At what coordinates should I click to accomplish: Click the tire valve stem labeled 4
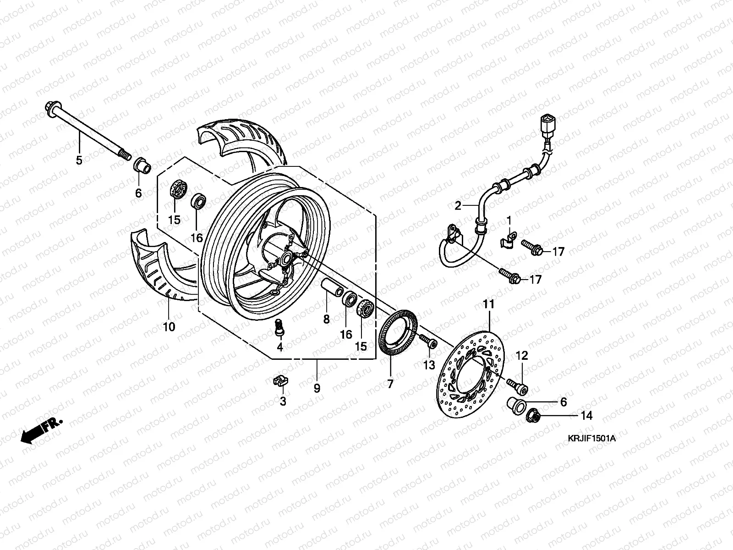[x=279, y=327]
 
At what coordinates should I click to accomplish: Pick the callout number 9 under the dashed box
[x=317, y=389]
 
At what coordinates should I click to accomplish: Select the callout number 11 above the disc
[x=488, y=304]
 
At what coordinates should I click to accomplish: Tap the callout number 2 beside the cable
[x=458, y=206]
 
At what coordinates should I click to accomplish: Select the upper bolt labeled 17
[x=532, y=249]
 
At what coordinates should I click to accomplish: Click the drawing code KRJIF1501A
[x=591, y=439]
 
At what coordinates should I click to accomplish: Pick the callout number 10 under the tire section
[x=169, y=327]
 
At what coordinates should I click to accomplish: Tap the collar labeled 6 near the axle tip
[x=142, y=166]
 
